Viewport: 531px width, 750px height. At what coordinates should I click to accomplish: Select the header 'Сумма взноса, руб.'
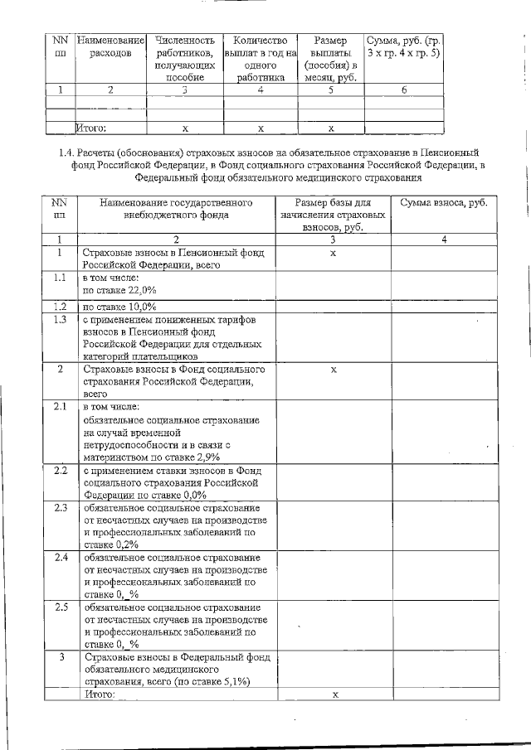coord(443,202)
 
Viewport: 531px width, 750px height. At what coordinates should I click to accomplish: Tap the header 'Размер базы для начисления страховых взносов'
coord(333,215)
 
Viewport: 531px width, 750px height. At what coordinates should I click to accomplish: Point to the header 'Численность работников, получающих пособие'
coord(185,58)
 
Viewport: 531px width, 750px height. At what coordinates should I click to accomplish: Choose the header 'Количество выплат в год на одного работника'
coord(260,58)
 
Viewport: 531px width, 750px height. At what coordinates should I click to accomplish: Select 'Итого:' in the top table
coord(91,128)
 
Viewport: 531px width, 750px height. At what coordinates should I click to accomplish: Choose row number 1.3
coord(59,319)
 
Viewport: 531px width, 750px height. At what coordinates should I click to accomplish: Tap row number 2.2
coord(60,471)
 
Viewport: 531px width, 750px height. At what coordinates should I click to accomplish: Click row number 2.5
coord(60,607)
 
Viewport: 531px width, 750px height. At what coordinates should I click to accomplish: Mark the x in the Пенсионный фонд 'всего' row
coord(333,253)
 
